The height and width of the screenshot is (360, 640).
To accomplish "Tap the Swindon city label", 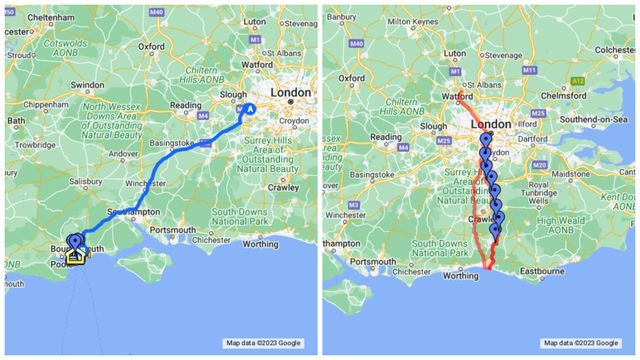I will coord(87,86).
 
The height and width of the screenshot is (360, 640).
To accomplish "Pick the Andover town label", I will coord(123,154).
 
